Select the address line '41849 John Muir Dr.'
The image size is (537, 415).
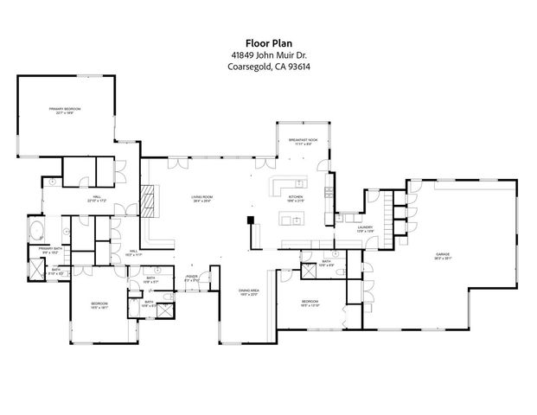point(268,55)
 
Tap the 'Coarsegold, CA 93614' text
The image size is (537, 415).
point(268,71)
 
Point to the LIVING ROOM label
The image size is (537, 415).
point(202,198)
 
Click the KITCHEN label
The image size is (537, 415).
point(296,198)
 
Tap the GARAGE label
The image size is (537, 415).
point(443,256)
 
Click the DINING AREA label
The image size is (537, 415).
point(249,291)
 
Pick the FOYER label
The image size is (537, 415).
point(193,278)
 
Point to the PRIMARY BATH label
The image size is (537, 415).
point(48,251)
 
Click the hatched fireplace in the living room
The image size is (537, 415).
point(149,201)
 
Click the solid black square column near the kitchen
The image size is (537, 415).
point(252,220)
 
